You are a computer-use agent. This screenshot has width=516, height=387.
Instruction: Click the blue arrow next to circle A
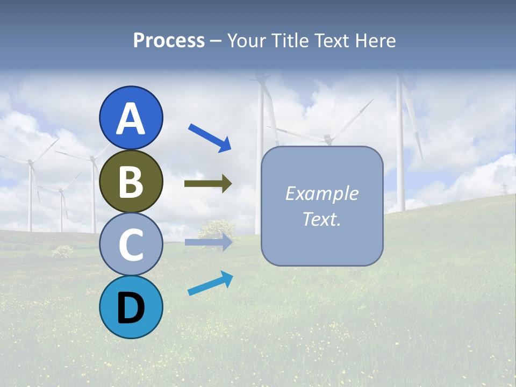pos(210,137)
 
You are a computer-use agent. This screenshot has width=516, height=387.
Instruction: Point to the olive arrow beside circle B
pos(208,184)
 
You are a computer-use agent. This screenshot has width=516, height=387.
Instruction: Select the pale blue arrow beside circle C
pos(209,242)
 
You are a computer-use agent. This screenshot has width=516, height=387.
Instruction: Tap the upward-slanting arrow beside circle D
pos(210,283)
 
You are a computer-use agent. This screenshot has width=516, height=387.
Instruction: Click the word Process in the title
pos(169,40)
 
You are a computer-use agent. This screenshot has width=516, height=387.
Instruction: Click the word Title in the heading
pos(288,40)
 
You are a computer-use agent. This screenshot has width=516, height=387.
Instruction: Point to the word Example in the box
pos(322,193)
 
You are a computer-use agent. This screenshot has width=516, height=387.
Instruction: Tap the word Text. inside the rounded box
pos(322,219)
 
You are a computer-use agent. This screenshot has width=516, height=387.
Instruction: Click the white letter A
pos(131,119)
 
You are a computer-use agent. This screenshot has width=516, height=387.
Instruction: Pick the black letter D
pos(131,309)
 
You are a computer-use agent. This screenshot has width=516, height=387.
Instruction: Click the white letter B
pos(131,182)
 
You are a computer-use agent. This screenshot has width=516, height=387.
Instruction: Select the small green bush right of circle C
pos(216,228)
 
